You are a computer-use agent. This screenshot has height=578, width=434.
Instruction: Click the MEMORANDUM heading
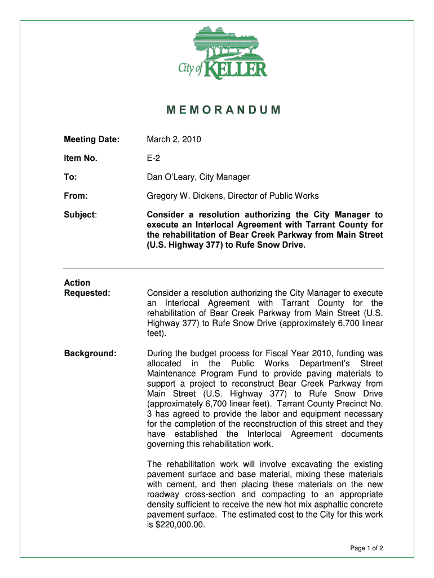(x=224, y=110)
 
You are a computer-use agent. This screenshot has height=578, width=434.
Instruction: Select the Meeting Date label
(x=91, y=139)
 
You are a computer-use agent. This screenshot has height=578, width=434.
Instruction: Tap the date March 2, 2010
(x=174, y=139)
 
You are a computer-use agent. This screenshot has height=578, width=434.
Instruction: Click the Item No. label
(x=80, y=159)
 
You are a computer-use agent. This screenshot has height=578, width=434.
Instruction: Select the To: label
(x=70, y=177)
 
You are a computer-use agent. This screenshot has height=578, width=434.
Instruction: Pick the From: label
(x=76, y=196)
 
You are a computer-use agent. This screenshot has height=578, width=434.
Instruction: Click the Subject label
(x=80, y=215)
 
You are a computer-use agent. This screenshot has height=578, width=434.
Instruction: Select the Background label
(x=90, y=353)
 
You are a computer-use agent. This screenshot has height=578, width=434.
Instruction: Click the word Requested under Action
(x=87, y=293)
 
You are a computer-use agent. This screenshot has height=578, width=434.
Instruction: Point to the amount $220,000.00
(x=177, y=525)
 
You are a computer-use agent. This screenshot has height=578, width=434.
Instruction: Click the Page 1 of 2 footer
(x=367, y=548)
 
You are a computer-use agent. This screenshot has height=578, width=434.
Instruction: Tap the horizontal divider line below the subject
(x=223, y=268)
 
